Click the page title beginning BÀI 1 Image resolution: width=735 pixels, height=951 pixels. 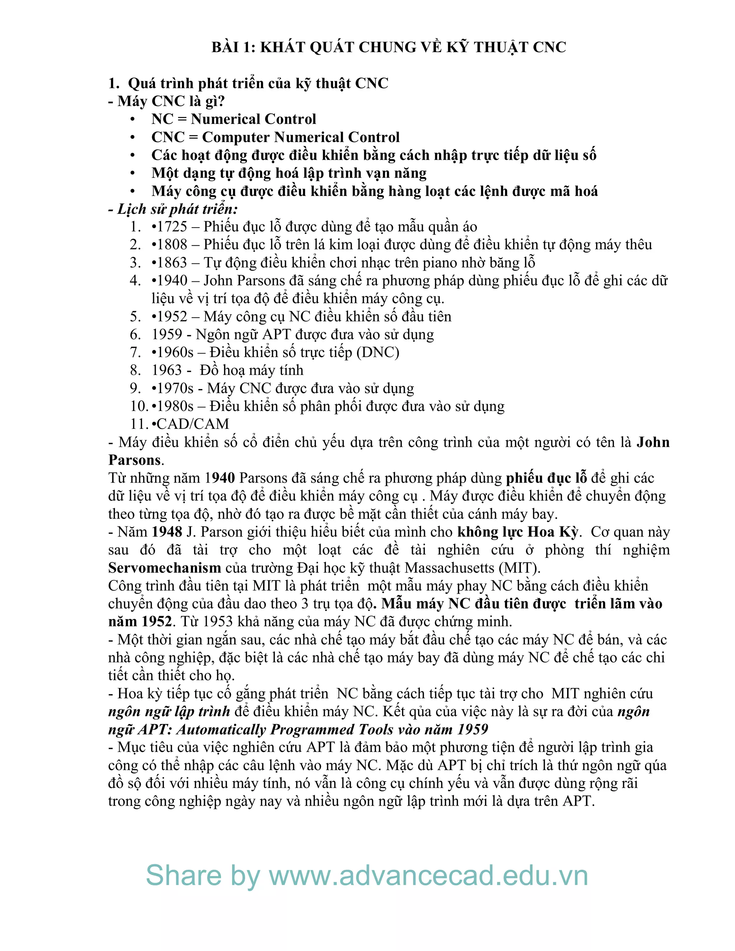(388, 47)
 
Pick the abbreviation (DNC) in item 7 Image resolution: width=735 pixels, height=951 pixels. (378, 352)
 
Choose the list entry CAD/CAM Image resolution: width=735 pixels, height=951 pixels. (192, 424)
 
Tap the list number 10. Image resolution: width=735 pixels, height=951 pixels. (139, 406)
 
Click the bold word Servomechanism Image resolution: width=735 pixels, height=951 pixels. (165, 568)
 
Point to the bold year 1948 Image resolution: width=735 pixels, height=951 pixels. (167, 532)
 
